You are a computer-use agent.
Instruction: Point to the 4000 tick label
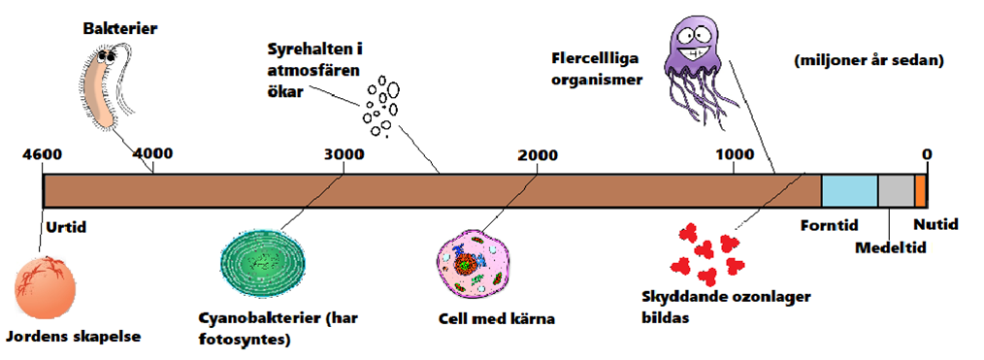(x=152, y=154)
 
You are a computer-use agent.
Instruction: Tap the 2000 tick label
(x=537, y=154)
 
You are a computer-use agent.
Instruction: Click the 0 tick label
(x=927, y=154)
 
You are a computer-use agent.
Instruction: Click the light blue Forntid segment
(x=849, y=190)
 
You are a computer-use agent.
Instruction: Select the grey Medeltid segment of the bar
(x=896, y=190)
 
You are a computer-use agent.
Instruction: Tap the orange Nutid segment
(x=920, y=190)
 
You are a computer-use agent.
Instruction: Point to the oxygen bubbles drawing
(x=380, y=106)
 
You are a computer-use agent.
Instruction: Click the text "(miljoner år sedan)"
(x=869, y=60)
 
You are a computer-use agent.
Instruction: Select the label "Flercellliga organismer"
(x=596, y=70)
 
